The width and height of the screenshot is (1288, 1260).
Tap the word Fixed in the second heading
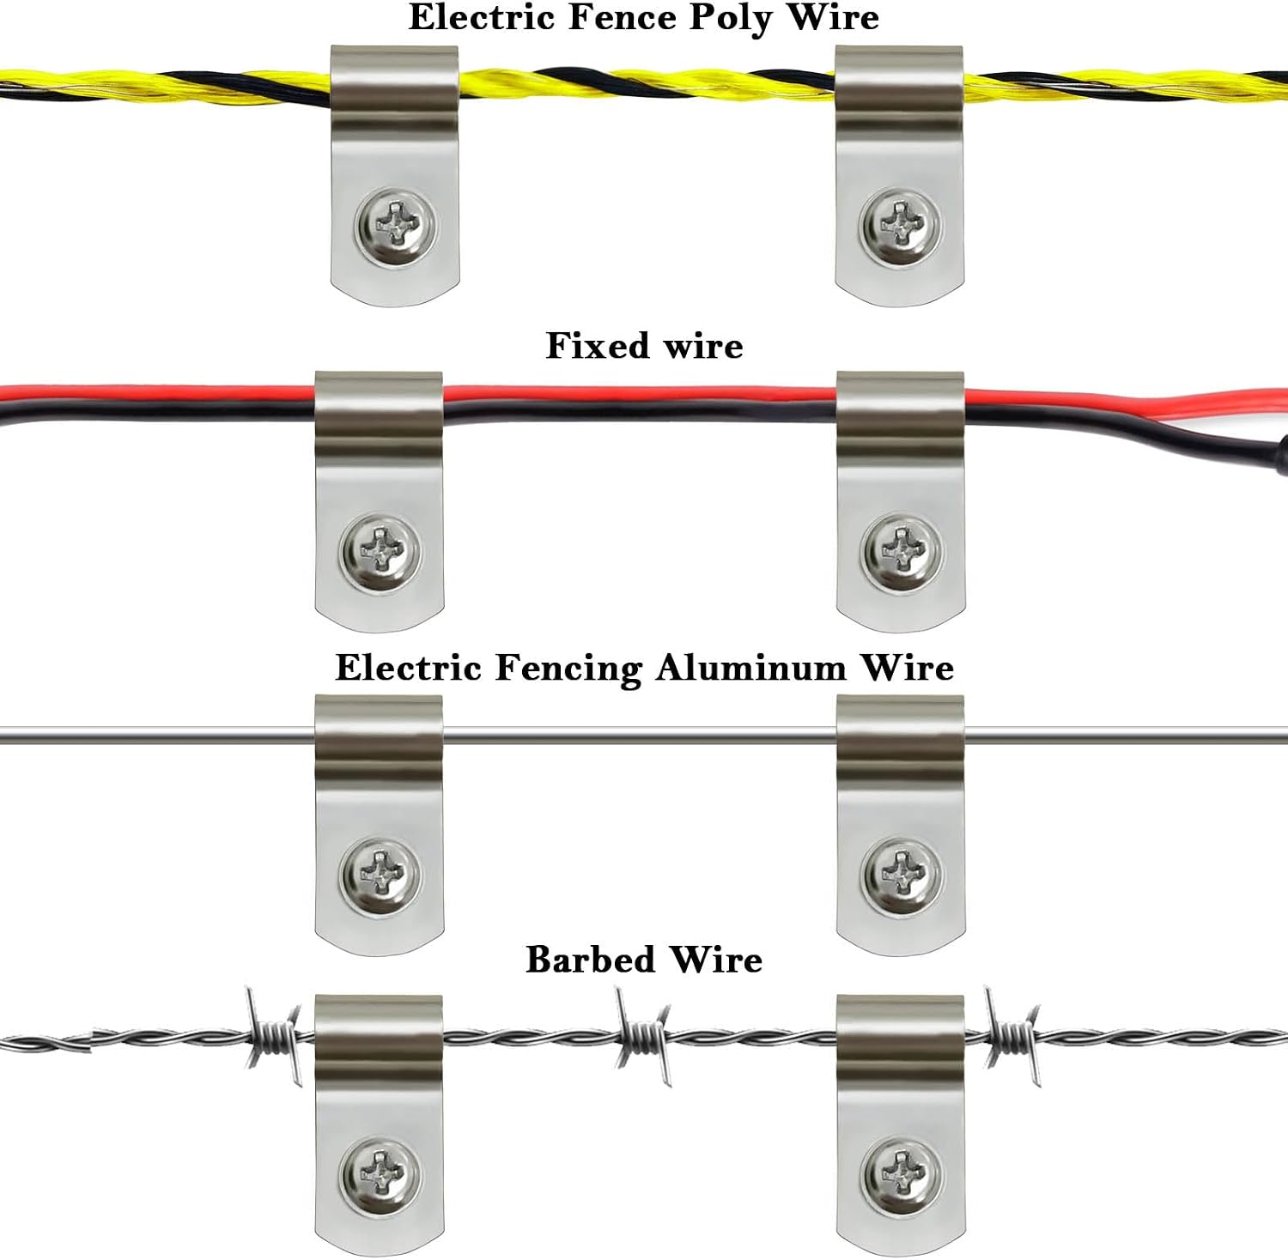[x=598, y=346]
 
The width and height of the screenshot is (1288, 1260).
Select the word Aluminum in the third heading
[x=751, y=668]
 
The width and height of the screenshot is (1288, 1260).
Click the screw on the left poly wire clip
[x=396, y=227]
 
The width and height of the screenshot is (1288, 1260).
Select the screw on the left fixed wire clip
[x=380, y=553]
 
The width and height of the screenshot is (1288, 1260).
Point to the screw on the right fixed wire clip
[x=901, y=553]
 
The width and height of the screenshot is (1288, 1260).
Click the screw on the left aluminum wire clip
[x=380, y=875]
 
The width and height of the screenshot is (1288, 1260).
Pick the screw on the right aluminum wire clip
[x=901, y=875]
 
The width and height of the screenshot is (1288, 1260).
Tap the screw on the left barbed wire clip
[x=380, y=1176]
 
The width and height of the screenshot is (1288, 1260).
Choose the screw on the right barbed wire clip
[x=901, y=1176]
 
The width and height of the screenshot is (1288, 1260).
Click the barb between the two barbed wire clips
[x=641, y=1037]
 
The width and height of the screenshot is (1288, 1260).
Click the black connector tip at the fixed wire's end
[x=1282, y=455]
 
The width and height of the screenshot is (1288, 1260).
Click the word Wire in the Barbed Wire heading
[x=716, y=960]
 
